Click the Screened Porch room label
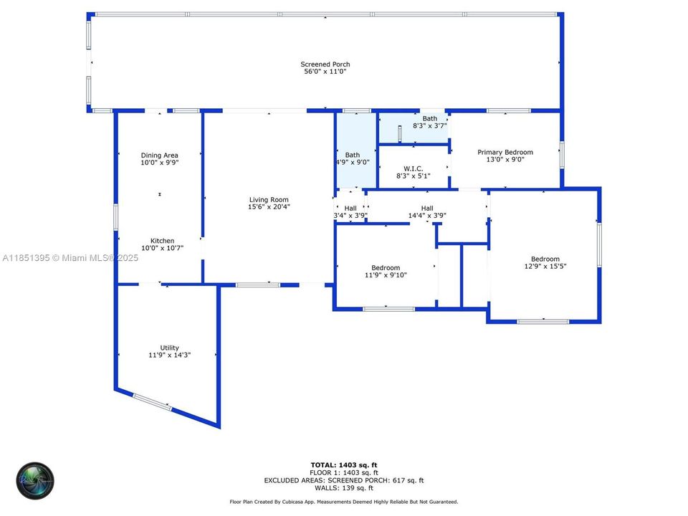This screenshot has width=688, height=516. point(325,64)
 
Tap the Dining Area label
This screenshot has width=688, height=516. point(159,156)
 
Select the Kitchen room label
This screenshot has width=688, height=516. point(162,241)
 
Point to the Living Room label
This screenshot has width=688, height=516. point(269,200)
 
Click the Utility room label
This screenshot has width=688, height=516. point(169,348)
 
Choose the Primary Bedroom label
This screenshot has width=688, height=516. point(505,153)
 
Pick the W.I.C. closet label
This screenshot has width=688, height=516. point(413,168)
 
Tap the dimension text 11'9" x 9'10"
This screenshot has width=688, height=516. point(386,274)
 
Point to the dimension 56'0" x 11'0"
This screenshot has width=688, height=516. point(325,72)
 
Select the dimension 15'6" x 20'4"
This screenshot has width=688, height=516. point(269,207)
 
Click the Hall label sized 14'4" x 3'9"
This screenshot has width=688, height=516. point(427,209)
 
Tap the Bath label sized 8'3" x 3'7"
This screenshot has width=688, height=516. point(429,119)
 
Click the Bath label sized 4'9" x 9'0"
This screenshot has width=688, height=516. point(353,155)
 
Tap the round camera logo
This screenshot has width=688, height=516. point(35,481)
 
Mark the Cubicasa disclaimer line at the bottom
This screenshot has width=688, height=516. point(344,502)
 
